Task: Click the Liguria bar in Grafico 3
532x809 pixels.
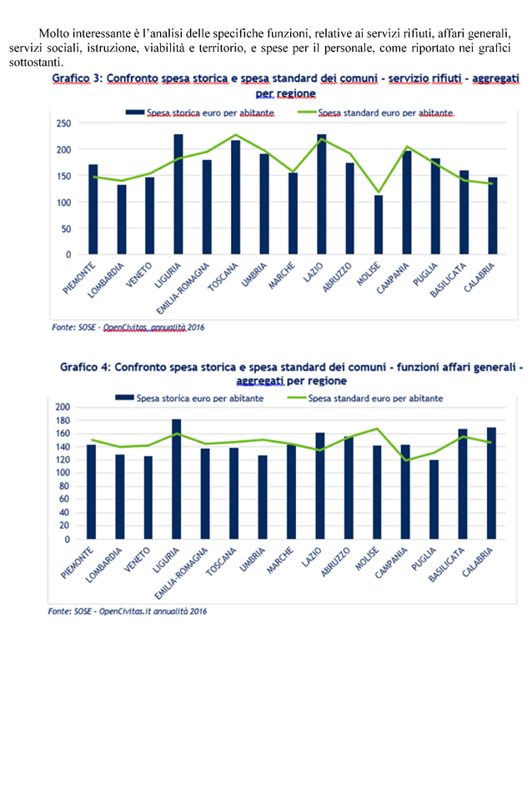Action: [178, 194]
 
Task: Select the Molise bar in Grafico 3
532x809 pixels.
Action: [379, 224]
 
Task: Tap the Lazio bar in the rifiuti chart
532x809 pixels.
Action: [322, 194]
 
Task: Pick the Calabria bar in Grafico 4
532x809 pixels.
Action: [491, 484]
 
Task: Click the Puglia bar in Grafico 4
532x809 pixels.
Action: [434, 500]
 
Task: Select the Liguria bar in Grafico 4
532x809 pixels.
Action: [177, 480]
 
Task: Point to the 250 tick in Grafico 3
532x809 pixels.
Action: [64, 123]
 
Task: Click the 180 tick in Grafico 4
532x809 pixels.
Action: [62, 420]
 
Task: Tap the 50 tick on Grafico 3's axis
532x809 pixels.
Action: [66, 229]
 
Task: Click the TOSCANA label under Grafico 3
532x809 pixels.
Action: [223, 277]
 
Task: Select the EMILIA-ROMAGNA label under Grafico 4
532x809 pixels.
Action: [181, 573]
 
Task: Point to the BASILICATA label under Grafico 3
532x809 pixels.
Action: [449, 280]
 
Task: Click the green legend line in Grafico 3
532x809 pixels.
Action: [307, 113]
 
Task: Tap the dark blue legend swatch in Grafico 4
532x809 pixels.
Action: [124, 397]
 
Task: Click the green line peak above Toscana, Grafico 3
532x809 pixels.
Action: [236, 134]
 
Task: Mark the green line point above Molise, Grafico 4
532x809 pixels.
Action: [377, 428]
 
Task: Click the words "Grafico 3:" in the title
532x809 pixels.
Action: [78, 78]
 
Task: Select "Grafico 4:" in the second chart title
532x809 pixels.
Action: [85, 367]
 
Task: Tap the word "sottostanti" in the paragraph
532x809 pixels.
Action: [36, 63]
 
